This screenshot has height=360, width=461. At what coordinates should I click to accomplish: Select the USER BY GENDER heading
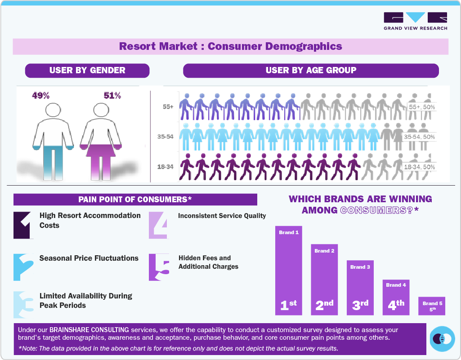click(87, 70)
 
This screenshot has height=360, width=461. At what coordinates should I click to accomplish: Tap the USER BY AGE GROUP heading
click(311, 70)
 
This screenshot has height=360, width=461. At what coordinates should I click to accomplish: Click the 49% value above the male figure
click(40, 96)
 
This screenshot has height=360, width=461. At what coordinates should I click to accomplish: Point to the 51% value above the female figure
click(112, 96)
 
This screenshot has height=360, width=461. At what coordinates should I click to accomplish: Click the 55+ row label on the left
click(169, 107)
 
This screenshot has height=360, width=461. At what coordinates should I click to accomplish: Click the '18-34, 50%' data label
click(419, 167)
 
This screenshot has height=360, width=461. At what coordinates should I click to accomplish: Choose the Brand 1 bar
click(289, 270)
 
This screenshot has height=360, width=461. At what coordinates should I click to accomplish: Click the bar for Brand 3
click(360, 288)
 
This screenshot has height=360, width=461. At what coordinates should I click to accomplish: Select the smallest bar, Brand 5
click(432, 306)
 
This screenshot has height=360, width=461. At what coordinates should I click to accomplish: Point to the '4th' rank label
click(396, 305)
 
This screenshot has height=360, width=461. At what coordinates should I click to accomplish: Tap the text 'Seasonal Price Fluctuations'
click(89, 258)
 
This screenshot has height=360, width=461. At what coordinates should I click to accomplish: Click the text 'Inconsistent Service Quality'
click(222, 216)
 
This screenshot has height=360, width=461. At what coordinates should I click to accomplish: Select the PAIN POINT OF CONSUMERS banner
click(135, 199)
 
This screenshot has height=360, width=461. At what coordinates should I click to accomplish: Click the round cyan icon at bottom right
click(443, 339)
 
